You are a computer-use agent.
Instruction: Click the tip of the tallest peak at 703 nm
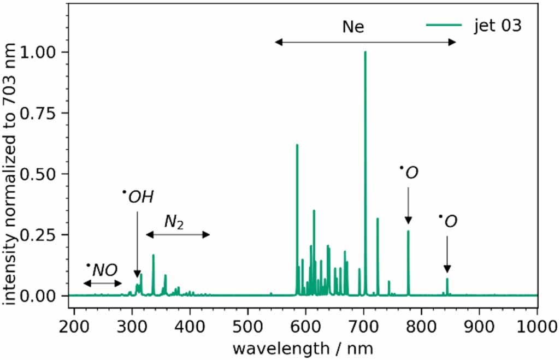click(x=365, y=52)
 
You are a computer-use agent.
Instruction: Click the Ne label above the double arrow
click(x=353, y=27)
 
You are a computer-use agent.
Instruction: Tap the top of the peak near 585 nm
click(x=297, y=145)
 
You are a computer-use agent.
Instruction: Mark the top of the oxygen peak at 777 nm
click(x=408, y=231)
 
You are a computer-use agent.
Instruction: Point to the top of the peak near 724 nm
click(x=378, y=219)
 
